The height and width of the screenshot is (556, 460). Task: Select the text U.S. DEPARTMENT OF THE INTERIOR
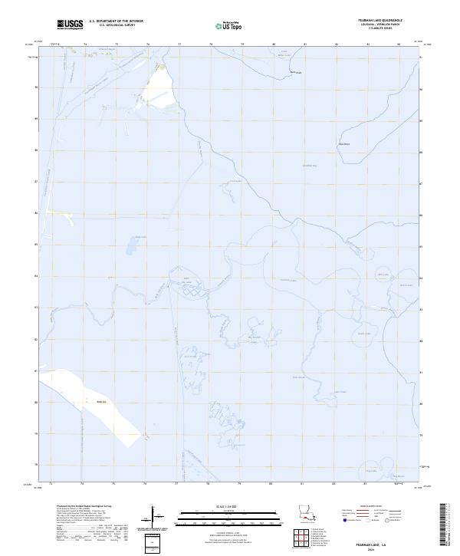tap(116, 21)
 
